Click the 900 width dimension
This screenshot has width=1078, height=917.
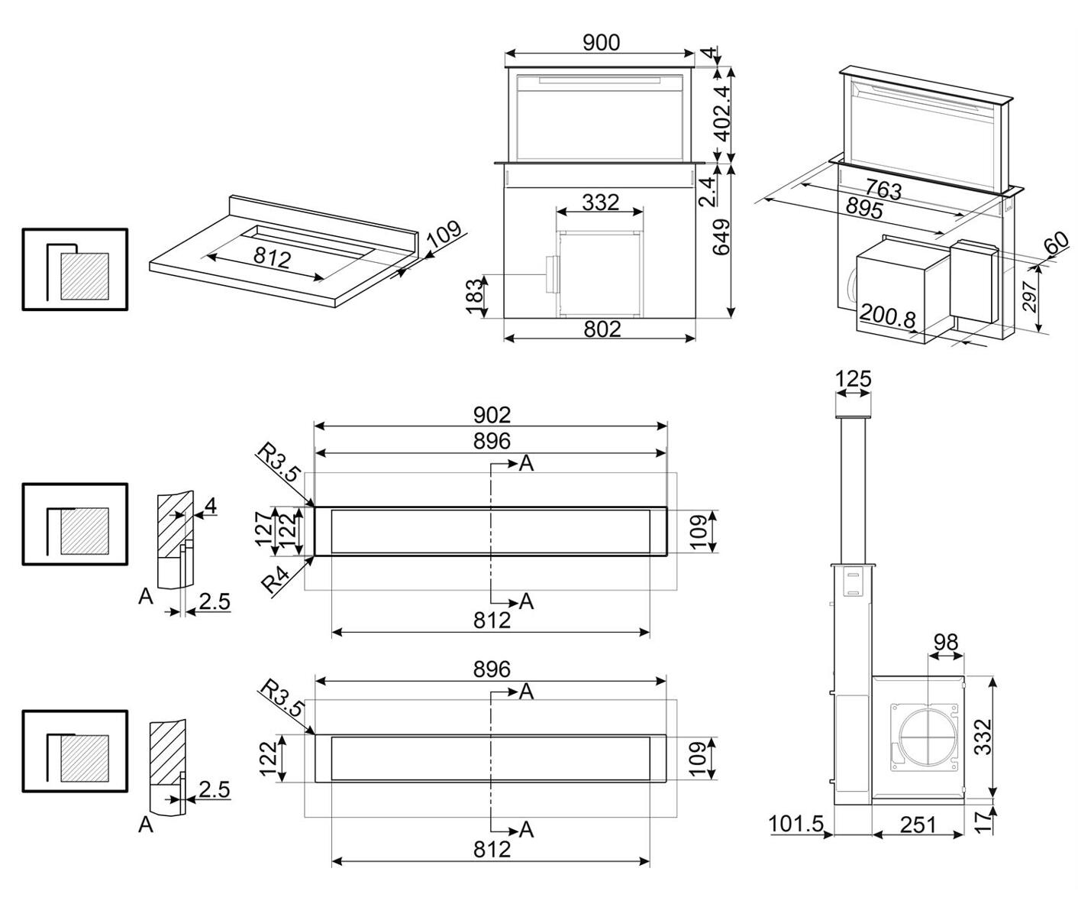coord(601,43)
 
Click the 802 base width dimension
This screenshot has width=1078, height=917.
coord(602,329)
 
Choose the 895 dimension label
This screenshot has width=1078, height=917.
coord(864,207)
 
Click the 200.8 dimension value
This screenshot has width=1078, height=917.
coord(887,316)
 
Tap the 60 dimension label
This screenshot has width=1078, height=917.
coord(1056,245)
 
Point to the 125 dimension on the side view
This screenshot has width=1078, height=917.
coord(853,379)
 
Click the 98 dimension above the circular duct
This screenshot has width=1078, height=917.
coord(945,643)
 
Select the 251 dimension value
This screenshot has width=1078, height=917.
coord(917,825)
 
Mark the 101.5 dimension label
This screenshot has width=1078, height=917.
coord(796,824)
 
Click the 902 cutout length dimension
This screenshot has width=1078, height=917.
coord(491,414)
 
